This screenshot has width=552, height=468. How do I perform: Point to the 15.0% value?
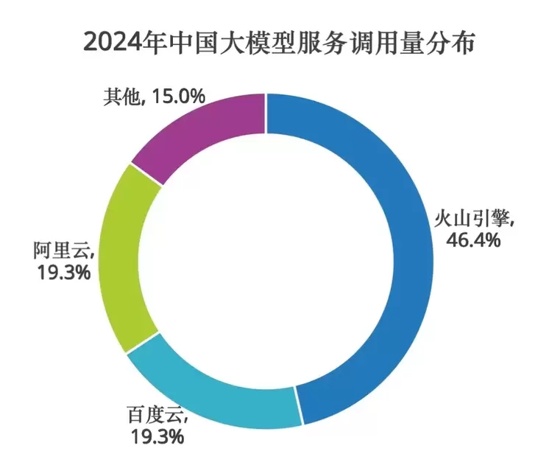point(179,96)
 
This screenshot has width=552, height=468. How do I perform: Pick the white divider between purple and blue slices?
point(265,114)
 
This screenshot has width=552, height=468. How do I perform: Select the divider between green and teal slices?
point(144,342)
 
